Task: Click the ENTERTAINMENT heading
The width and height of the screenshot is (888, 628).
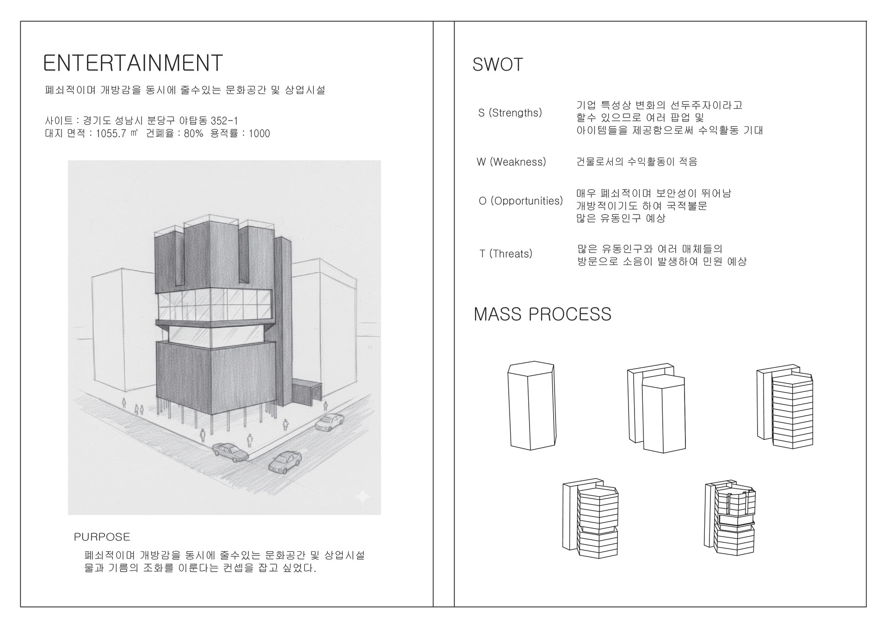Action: [x=133, y=63]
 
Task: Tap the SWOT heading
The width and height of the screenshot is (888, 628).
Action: [x=498, y=65]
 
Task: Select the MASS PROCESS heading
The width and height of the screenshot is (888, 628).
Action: [x=543, y=314]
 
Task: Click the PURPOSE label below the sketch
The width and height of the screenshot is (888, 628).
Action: [x=102, y=537]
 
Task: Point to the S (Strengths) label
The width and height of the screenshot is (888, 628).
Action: [x=510, y=113]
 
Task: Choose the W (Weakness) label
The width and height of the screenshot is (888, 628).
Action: [x=511, y=162]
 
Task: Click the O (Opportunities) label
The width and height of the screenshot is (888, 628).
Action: [x=521, y=201]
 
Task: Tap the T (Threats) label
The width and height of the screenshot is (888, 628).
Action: [x=506, y=254]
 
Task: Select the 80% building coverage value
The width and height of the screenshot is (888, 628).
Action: [x=193, y=134]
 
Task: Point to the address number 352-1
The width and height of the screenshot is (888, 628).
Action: [x=224, y=121]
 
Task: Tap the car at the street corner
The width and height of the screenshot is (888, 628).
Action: [x=230, y=451]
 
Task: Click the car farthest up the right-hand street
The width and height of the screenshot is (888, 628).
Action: [x=330, y=421]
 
